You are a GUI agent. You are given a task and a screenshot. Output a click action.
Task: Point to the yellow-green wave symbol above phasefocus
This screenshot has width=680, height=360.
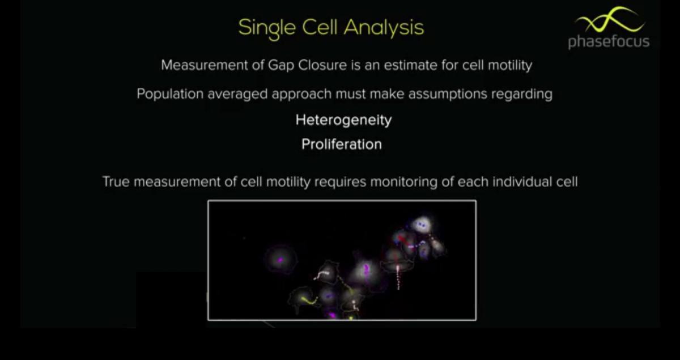tap(609, 20)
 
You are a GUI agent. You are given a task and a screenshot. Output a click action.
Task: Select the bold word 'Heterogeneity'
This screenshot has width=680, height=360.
tap(343, 120)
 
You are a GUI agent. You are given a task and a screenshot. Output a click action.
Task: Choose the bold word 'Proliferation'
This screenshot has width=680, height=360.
tap(341, 145)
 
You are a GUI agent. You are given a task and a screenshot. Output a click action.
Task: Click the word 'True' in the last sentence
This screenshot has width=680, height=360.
tap(115, 182)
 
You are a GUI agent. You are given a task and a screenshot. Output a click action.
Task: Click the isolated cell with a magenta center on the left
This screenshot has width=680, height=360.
tap(280, 260)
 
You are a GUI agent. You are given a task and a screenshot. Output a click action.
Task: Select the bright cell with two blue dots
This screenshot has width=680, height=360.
tap(421, 225)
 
